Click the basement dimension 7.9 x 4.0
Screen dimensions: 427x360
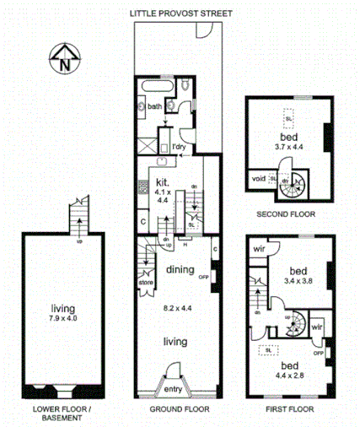click(x=61, y=318)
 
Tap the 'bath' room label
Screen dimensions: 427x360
click(x=154, y=107)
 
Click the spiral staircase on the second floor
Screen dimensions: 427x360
click(x=295, y=181)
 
